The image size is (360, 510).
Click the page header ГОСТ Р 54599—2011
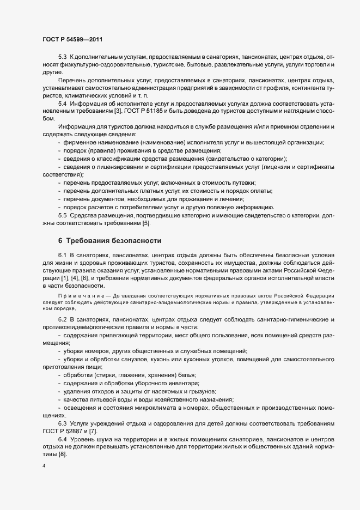[72, 39]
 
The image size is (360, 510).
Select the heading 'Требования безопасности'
[112, 240]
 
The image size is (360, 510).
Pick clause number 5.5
[62, 215]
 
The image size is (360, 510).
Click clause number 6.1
[62, 255]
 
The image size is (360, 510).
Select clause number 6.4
[62, 439]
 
